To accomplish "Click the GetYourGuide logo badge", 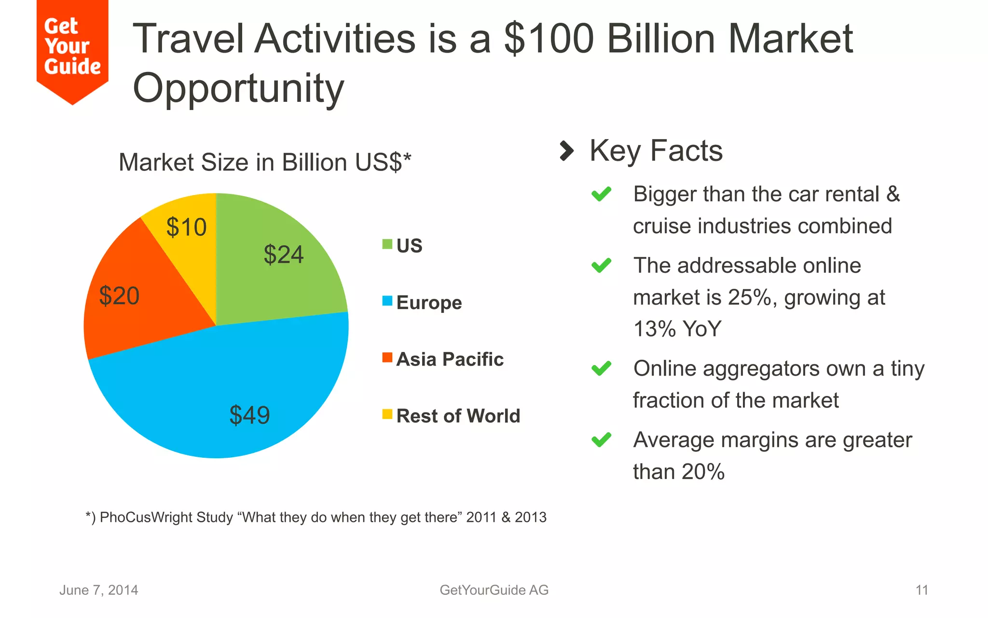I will pyautogui.click(x=72, y=48).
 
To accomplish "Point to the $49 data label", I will pyautogui.click(x=249, y=415).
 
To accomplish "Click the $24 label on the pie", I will pyautogui.click(x=284, y=254).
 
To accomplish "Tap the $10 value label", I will pyautogui.click(x=186, y=227).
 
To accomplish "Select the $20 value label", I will pyautogui.click(x=119, y=295).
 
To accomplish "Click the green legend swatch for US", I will pyautogui.click(x=387, y=244).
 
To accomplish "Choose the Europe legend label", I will pyautogui.click(x=429, y=303).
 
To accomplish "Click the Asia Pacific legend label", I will pyautogui.click(x=450, y=359).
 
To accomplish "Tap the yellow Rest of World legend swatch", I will pyautogui.click(x=387, y=414).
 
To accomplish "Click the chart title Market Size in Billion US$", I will pyautogui.click(x=265, y=162).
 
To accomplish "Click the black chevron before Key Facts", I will pyautogui.click(x=566, y=151).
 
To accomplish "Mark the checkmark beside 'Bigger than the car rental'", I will pyautogui.click(x=602, y=194).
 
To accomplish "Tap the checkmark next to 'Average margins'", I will pyautogui.click(x=602, y=440).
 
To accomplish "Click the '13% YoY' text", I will pyautogui.click(x=677, y=329).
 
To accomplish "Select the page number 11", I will pyautogui.click(x=921, y=590).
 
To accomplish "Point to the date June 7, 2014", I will pyautogui.click(x=99, y=590).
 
